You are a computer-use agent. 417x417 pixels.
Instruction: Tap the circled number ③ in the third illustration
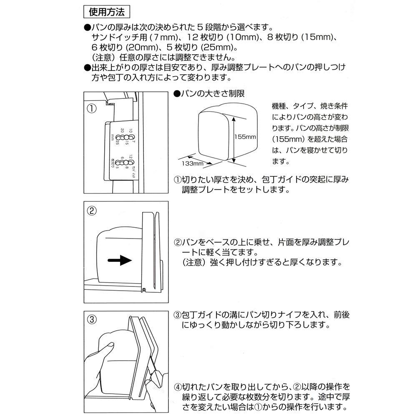[92, 320]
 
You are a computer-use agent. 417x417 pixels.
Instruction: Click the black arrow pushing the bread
[119, 260]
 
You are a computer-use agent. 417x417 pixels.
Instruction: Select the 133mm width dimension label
[192, 163]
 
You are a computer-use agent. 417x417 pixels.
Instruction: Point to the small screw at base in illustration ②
[143, 289]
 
